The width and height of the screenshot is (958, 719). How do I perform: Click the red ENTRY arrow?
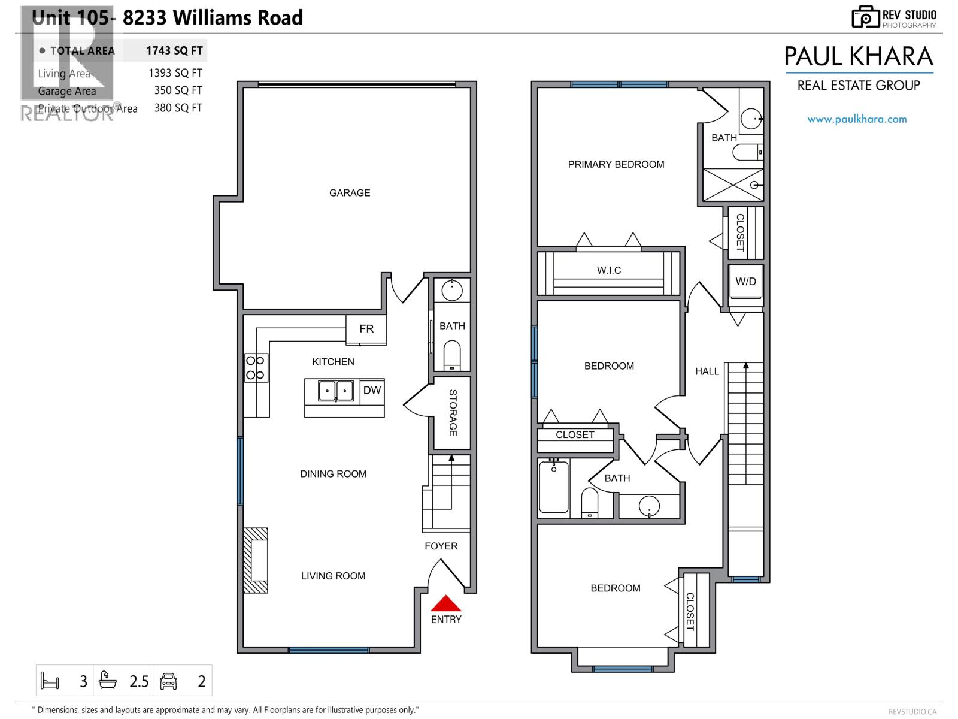(446, 603)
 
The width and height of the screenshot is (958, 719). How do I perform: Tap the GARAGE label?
(350, 193)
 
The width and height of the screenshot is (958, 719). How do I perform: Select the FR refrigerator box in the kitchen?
(366, 329)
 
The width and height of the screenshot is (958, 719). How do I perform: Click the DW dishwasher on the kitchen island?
(372, 391)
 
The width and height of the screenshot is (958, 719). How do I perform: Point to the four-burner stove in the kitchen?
(256, 368)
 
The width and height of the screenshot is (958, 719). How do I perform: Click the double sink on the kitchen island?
(335, 391)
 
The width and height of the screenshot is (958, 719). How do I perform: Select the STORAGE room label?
(453, 413)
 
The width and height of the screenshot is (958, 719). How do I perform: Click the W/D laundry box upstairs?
(745, 282)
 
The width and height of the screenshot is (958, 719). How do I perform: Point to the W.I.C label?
(609, 271)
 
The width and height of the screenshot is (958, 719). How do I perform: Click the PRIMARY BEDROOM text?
(616, 164)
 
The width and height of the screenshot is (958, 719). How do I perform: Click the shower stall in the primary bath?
(733, 185)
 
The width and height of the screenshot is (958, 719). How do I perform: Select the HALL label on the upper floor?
(707, 371)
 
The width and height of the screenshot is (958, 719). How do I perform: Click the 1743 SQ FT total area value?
(174, 51)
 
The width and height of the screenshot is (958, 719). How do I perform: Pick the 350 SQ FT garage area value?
(178, 90)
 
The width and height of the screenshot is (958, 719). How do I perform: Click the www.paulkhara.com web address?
(857, 119)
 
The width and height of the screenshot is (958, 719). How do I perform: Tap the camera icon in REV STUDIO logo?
(865, 17)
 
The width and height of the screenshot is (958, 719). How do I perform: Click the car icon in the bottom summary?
(169, 681)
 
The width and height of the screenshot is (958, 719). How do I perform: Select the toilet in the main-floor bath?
(451, 357)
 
